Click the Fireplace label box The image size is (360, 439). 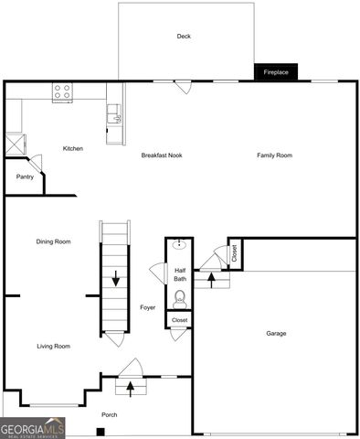click(x=276, y=71)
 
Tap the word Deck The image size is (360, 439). click(x=184, y=37)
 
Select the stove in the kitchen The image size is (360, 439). click(x=63, y=91)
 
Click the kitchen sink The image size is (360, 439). click(x=113, y=112)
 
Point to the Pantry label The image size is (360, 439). click(x=25, y=177)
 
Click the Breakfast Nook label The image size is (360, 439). click(x=162, y=155)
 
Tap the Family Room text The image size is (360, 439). click(x=274, y=155)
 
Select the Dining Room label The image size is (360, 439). click(x=53, y=241)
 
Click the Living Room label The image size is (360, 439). click(x=53, y=346)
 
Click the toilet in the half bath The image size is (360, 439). click(x=179, y=297)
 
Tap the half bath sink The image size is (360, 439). click(x=179, y=245)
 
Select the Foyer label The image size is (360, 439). click(x=147, y=308)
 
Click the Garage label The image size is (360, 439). click(x=276, y=333)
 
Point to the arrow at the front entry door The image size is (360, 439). click(x=130, y=388)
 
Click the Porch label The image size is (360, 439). click(x=109, y=414)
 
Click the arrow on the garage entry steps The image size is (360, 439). click(x=214, y=279)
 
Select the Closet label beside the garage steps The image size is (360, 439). click(x=234, y=253)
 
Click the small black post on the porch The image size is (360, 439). click(x=100, y=431)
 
